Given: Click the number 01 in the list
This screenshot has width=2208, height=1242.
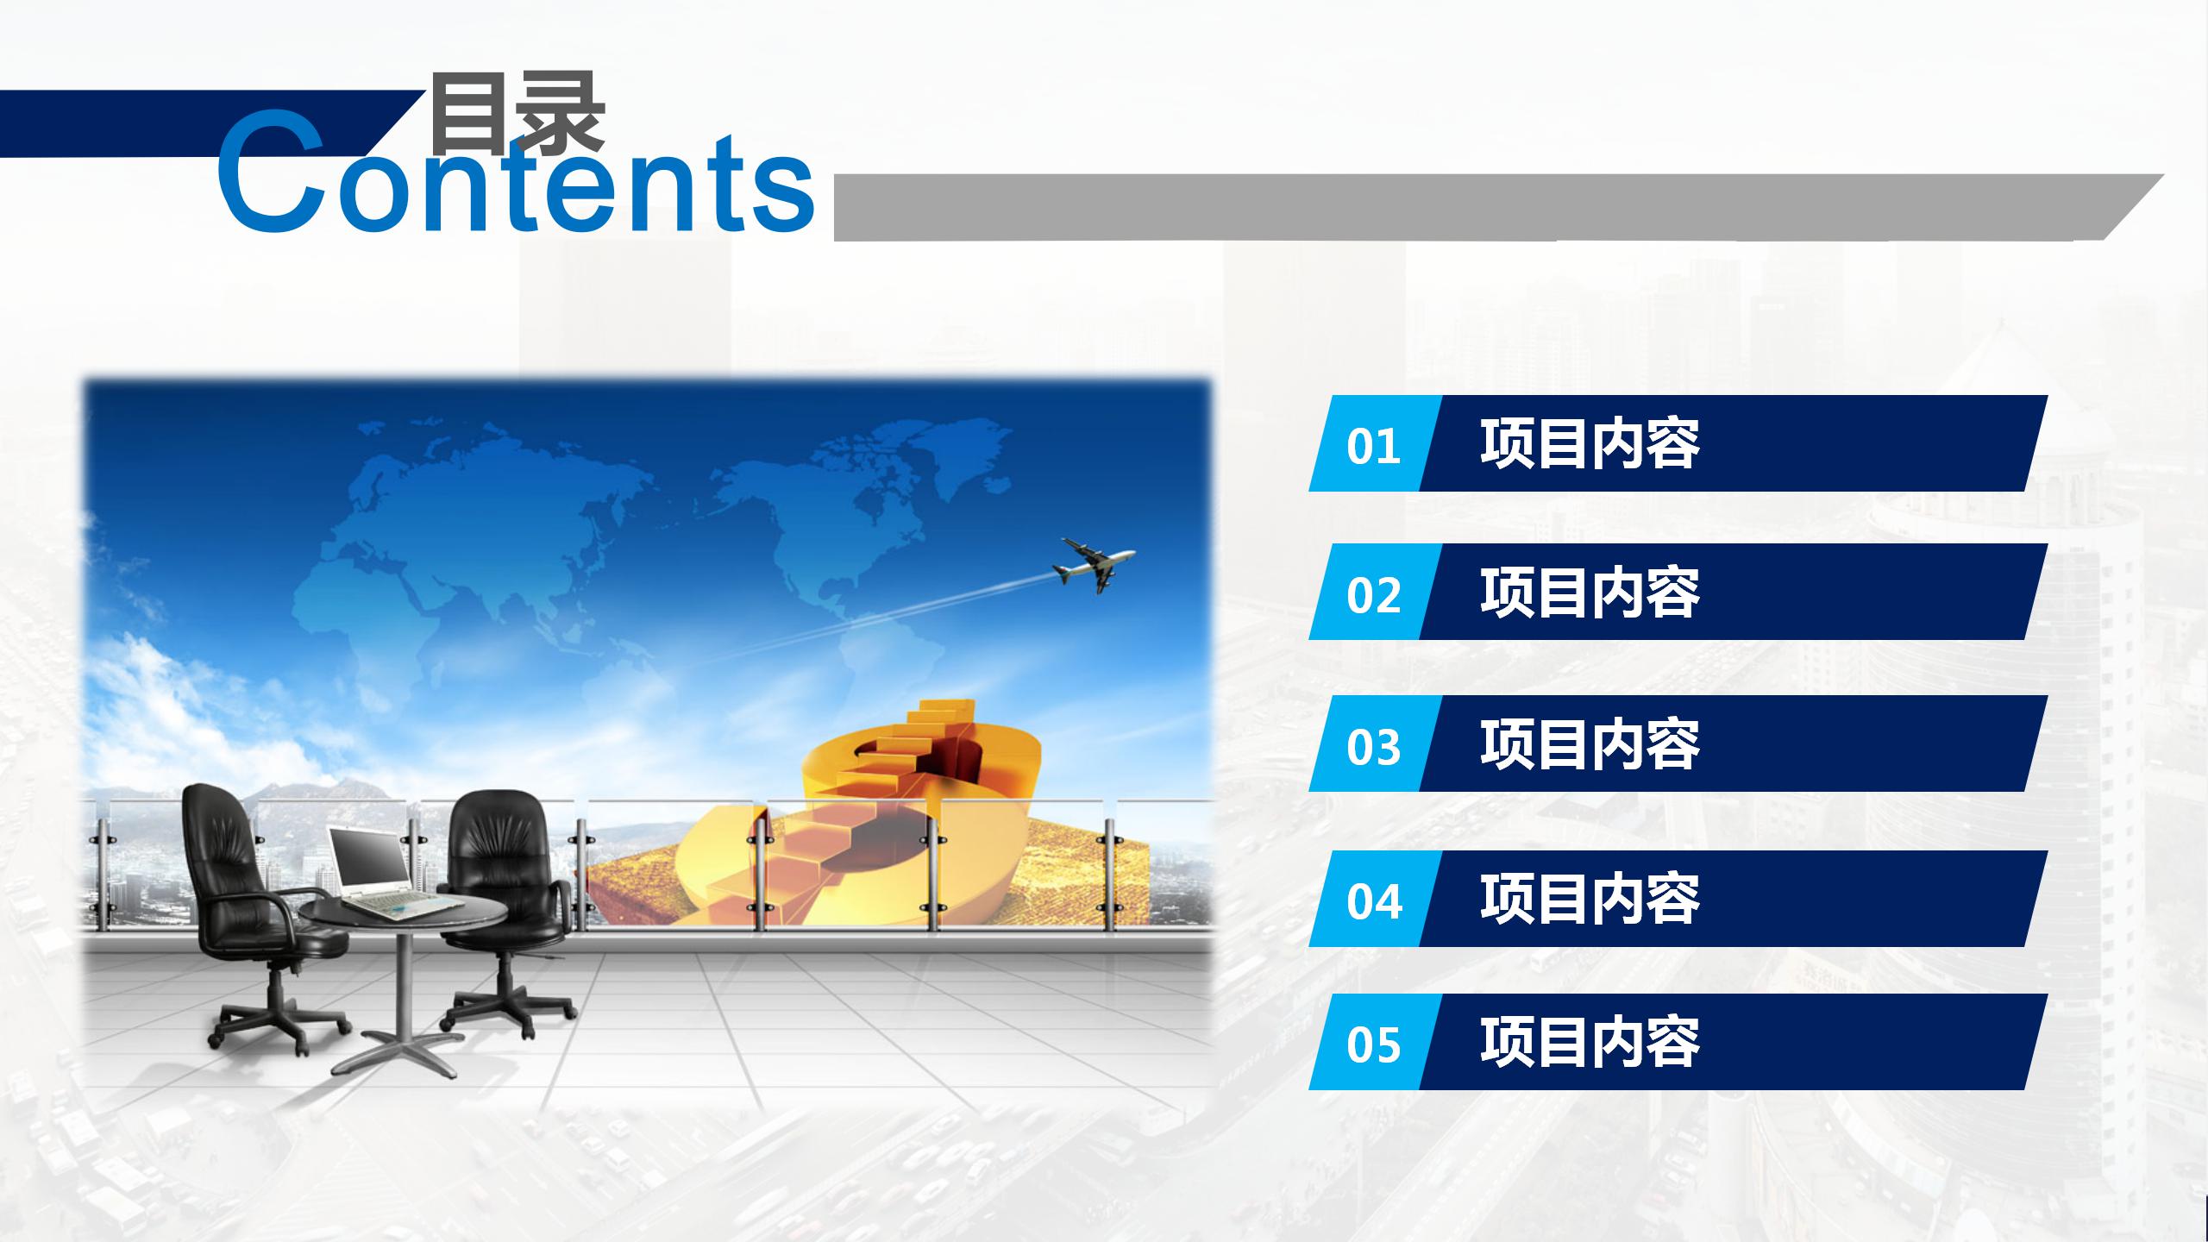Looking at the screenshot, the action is click(x=1373, y=447).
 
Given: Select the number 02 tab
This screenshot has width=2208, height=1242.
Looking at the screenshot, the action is click(x=1373, y=595).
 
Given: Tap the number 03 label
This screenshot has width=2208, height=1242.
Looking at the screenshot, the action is click(x=1373, y=747).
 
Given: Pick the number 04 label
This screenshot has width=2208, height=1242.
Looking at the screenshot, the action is click(x=1373, y=902).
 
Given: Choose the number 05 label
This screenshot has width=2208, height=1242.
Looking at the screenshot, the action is click(x=1373, y=1045).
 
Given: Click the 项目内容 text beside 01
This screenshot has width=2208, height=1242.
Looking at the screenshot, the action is click(x=1590, y=444).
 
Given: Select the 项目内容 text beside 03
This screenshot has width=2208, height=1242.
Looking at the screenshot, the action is click(x=1590, y=744).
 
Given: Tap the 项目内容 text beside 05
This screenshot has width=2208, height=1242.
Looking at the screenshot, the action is click(x=1590, y=1043).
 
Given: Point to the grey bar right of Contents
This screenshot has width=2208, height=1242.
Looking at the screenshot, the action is click(x=1499, y=207).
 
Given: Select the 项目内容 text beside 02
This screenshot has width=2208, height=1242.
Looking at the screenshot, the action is click(x=1590, y=593).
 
